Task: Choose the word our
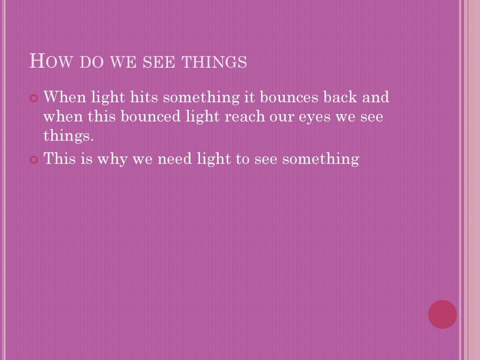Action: click(283, 117)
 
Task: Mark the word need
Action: click(175, 158)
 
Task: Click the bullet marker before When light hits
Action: click(34, 98)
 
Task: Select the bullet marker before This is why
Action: click(34, 159)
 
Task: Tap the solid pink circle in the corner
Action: click(442, 314)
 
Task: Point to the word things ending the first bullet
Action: click(68, 136)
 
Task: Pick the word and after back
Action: click(377, 97)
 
